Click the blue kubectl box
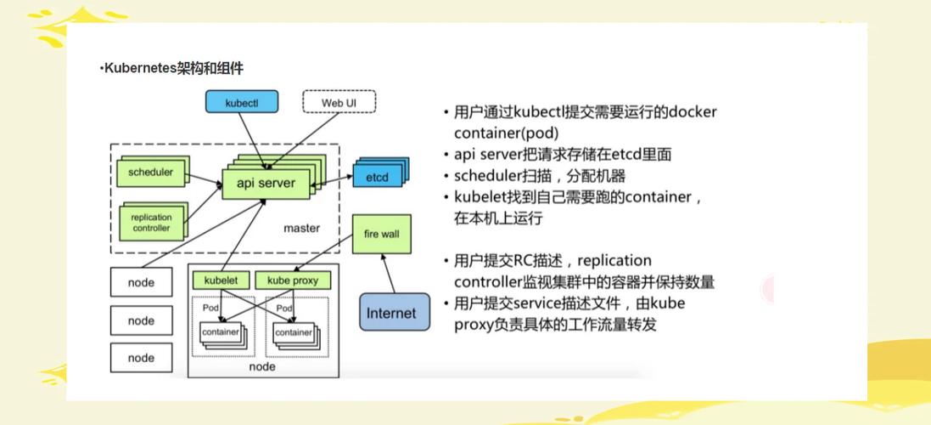coord(241,103)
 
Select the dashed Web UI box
coord(339,103)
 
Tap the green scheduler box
coord(150,173)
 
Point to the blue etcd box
coord(377,178)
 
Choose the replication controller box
coord(151,223)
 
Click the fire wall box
coord(381,234)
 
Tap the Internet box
coord(391,313)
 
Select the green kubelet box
coord(221,280)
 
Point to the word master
coord(301,228)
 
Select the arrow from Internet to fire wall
coord(387,273)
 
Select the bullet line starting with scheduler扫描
coord(540,176)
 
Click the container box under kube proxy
coord(293,332)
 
